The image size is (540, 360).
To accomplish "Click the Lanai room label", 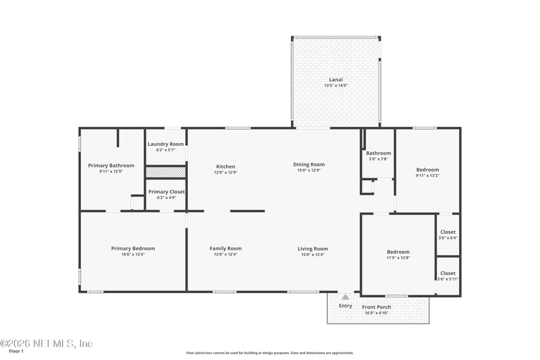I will coord(335,79).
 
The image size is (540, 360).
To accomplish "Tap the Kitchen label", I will coord(225,166).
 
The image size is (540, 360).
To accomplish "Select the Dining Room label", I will coord(308,164).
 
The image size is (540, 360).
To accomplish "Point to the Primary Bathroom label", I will coord(111,165).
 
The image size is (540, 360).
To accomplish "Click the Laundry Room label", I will coord(165,144).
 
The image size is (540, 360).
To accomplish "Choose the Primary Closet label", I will coord(166,192).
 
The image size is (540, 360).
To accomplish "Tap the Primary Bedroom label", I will coord(133,249).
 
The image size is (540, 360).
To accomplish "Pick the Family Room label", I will coord(225,249).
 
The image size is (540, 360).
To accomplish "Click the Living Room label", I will coord(313,249).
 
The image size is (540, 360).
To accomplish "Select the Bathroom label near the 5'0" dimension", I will coord(379,153).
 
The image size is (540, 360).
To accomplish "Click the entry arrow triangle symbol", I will coord(346,297).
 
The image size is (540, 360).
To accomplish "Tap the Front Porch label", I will coord(377,307).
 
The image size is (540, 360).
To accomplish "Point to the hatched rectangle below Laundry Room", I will coord(165,172).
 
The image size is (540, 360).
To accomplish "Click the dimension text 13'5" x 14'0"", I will coord(335,86).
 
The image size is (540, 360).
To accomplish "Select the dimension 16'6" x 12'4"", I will coord(133,255).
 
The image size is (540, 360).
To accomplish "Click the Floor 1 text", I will coord(16,351).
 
